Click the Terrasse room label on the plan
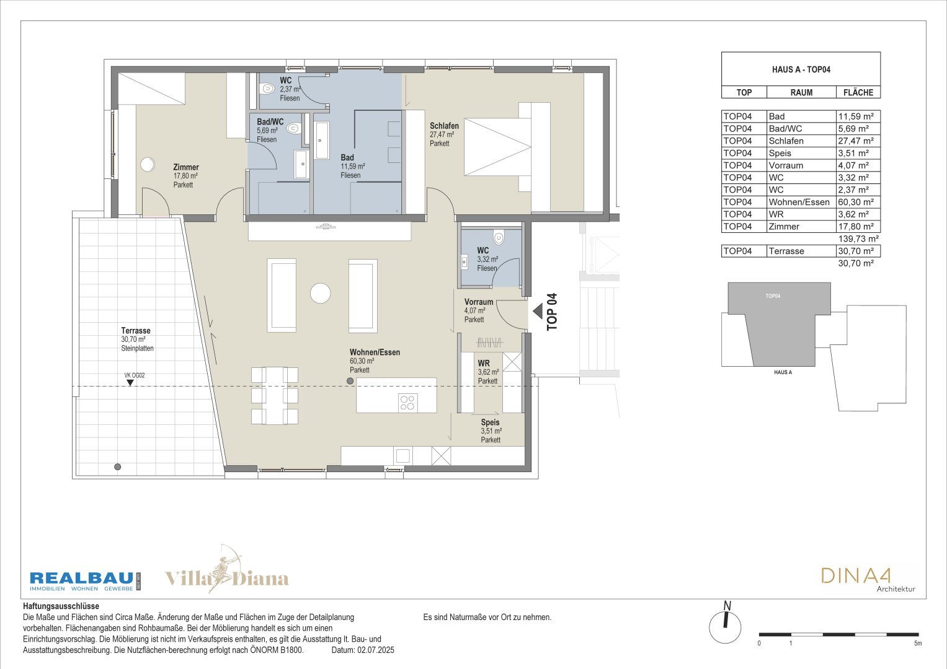point(136,331)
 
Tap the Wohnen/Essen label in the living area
point(375,352)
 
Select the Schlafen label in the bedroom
point(444,126)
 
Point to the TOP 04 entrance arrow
point(537,312)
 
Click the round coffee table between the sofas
point(321,293)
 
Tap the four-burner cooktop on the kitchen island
point(407,403)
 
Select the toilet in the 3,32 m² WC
point(499,237)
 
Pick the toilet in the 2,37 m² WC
point(267,89)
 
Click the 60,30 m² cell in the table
point(856,203)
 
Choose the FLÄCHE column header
point(858,92)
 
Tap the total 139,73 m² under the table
point(858,239)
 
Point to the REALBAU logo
point(85,581)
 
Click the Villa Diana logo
point(226,570)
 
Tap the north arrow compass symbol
point(725,623)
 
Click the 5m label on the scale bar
point(918,644)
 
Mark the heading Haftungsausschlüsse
point(61,606)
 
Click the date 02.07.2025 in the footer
point(376,650)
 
